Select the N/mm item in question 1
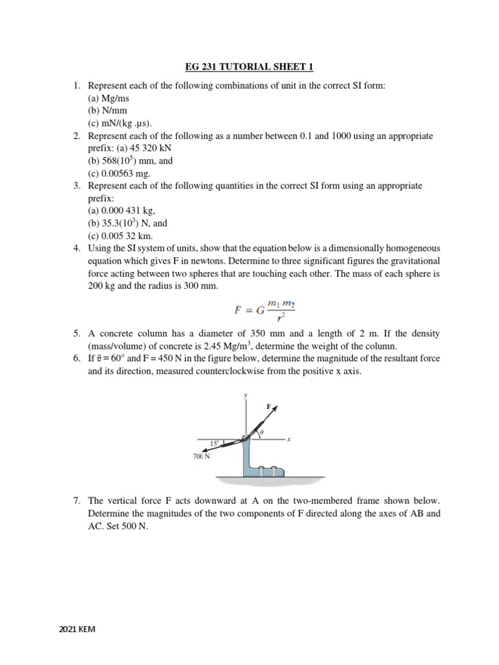click(107, 110)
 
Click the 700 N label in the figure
click(202, 457)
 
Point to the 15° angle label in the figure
click(214, 444)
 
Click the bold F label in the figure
click(269, 406)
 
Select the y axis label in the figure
click(245, 394)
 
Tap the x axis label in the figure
click(288, 439)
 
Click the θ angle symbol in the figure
click(262, 431)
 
